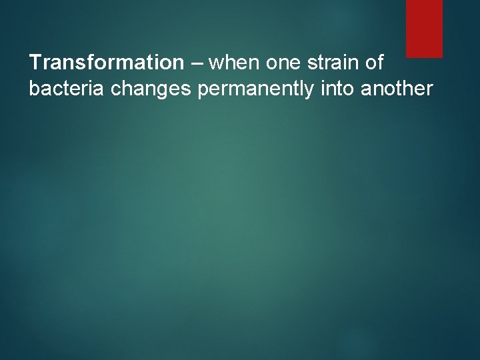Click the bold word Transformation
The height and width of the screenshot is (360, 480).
(x=106, y=63)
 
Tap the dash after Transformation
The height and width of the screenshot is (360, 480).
(x=197, y=63)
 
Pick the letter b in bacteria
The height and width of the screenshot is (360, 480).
(x=33, y=89)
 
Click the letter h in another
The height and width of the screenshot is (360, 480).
(x=409, y=89)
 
